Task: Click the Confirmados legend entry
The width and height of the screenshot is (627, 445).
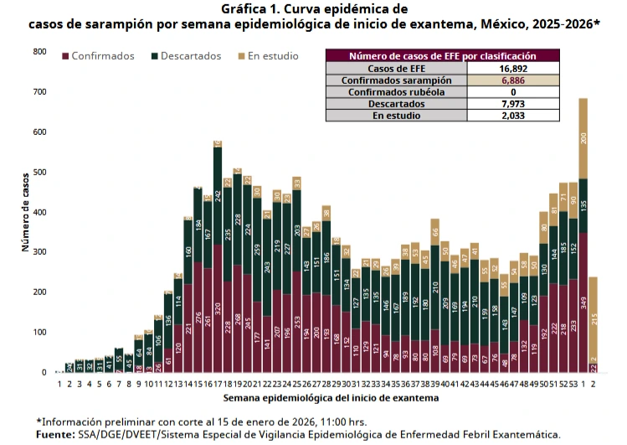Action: pyautogui.click(x=102, y=56)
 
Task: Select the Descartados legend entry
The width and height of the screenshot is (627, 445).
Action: pyautogui.click(x=191, y=56)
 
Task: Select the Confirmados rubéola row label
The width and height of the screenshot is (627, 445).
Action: pyautogui.click(x=397, y=91)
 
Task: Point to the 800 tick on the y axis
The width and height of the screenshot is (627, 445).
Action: pyautogui.click(x=39, y=52)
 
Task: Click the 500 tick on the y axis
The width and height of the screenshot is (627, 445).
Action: pyautogui.click(x=39, y=173)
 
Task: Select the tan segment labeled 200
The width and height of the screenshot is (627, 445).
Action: pyautogui.click(x=583, y=138)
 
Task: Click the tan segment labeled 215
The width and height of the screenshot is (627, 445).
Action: pyautogui.click(x=594, y=318)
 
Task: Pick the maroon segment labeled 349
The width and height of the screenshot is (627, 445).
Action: pyautogui.click(x=583, y=302)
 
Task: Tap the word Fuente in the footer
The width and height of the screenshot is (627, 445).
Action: pyautogui.click(x=55, y=435)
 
